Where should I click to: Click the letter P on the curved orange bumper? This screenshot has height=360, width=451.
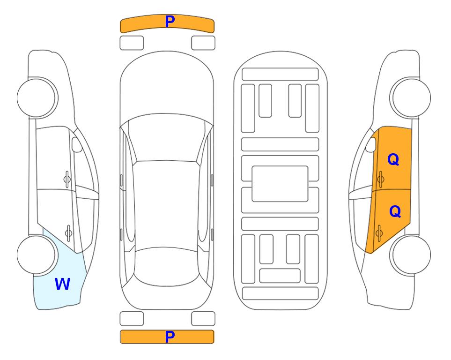170,21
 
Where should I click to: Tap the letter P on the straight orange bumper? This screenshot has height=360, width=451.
170,337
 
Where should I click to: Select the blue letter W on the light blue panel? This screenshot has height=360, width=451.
62,284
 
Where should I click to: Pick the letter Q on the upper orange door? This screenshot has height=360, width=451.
393,159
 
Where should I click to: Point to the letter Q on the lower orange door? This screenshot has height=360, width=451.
395,211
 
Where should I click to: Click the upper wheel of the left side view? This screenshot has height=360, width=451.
37,97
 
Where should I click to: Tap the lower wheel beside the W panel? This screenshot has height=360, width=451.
37,255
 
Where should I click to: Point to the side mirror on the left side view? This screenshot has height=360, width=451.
77,144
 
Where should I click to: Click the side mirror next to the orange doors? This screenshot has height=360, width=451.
371,144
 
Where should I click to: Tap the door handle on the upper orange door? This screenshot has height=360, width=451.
381,179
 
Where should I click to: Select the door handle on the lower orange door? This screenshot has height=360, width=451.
379,233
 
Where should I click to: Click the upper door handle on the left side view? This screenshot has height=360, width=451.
67,179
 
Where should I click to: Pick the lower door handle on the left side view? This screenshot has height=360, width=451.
68,233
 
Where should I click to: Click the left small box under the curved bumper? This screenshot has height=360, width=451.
132,43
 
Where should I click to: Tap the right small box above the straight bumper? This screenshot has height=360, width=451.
203,319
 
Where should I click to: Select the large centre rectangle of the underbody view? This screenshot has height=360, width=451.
280,184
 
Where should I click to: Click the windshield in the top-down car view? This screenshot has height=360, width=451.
167,138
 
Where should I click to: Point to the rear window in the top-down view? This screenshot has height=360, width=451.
166,266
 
